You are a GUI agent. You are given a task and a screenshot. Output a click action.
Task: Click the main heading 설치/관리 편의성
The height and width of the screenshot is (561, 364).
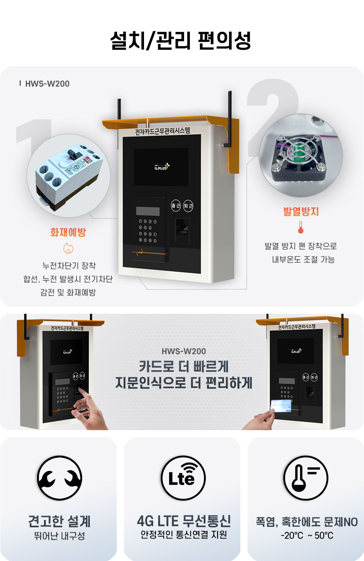(x=181, y=40)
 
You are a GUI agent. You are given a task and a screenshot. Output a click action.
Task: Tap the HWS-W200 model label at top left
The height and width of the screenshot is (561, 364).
(x=47, y=84)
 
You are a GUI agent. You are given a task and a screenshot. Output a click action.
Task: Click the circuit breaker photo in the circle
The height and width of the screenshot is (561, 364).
(x=68, y=176)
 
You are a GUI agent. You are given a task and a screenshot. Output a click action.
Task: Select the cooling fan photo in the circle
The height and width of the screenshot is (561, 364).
(x=300, y=156)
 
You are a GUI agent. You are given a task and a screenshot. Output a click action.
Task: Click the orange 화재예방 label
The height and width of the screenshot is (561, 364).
(x=68, y=232)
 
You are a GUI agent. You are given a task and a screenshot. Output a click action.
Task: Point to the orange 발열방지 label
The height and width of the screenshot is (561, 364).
(x=301, y=211)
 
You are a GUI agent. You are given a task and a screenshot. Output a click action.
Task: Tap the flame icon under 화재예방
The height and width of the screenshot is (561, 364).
(x=68, y=248)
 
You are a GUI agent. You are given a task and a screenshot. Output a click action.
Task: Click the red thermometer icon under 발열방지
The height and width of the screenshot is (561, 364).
(x=301, y=227)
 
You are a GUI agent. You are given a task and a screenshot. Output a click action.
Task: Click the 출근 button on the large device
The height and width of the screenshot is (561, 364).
(x=176, y=206)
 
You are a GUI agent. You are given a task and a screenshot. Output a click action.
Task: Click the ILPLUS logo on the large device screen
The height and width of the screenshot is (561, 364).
(x=161, y=167)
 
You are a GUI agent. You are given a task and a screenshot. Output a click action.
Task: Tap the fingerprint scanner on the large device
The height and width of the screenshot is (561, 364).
(x=182, y=230)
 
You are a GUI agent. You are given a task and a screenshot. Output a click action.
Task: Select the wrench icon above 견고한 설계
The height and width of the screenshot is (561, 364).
(x=60, y=478)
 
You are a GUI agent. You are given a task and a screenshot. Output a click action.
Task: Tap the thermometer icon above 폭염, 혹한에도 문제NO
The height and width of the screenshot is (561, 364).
(x=305, y=478)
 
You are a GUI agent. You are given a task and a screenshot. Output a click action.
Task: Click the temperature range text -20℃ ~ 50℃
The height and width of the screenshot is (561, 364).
(x=307, y=536)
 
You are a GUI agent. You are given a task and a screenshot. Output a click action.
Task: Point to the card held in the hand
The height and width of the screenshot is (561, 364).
(x=281, y=406)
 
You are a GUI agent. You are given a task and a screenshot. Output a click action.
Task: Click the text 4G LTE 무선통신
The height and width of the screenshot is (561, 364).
(x=184, y=521)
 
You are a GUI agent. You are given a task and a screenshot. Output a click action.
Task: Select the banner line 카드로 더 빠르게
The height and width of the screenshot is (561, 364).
(x=184, y=366)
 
